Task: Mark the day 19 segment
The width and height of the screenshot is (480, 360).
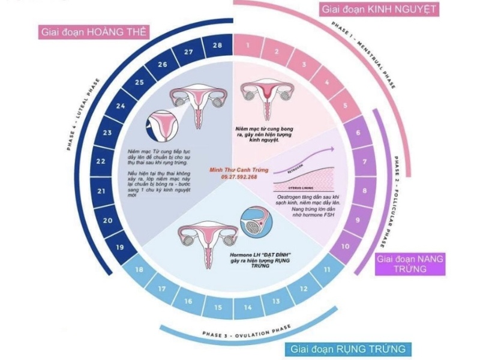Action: (x=121, y=247)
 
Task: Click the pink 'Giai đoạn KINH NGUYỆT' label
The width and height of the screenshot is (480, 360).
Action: (x=379, y=10)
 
